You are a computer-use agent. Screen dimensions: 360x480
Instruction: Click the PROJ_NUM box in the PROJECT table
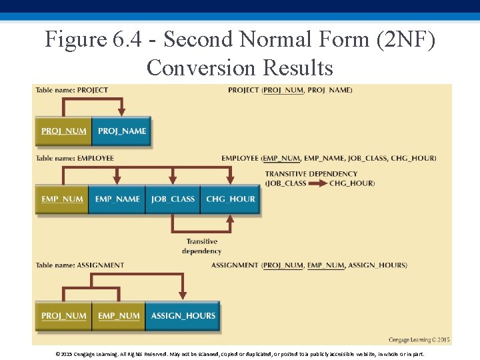click(63, 131)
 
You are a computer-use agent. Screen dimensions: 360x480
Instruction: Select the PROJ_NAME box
click(121, 131)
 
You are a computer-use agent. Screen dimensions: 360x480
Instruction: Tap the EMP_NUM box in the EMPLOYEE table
click(62, 199)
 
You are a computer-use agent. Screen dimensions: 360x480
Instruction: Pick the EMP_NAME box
click(117, 199)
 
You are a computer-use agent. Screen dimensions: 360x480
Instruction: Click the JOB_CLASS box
click(173, 199)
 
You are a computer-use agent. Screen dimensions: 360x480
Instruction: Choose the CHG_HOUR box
click(230, 199)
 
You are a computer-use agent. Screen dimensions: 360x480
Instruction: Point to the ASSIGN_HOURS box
click(183, 316)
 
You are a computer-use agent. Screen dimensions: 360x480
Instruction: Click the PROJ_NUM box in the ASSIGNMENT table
click(63, 316)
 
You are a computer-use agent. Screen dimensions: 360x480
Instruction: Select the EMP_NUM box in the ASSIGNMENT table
click(119, 316)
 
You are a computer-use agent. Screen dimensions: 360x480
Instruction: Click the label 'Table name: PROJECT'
click(71, 90)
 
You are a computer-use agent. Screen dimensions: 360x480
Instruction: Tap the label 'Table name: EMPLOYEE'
click(75, 159)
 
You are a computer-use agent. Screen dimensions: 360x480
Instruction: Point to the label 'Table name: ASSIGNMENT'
click(79, 265)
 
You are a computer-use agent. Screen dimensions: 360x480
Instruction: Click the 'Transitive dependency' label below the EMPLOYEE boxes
click(201, 247)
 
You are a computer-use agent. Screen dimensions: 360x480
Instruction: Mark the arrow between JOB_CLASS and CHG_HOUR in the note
click(317, 183)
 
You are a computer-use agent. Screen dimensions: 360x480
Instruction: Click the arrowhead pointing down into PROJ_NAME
click(122, 111)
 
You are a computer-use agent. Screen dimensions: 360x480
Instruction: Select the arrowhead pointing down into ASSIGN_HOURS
click(183, 295)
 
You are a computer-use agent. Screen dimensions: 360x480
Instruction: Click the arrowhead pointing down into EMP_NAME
click(117, 179)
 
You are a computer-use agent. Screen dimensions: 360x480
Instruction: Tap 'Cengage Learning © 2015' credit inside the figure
click(419, 340)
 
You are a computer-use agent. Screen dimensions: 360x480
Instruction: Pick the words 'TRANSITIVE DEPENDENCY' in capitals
click(311, 174)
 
